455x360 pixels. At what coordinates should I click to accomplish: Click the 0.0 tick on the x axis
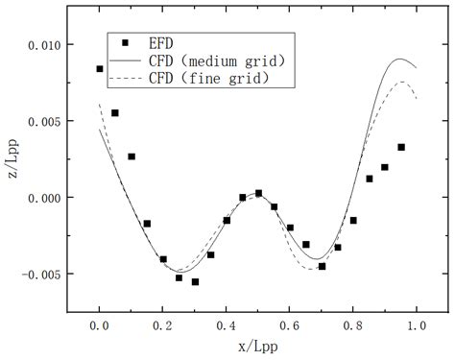pos(99,326)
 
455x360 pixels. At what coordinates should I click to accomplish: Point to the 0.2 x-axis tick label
pos(162,326)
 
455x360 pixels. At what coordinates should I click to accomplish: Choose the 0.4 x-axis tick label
pos(226,326)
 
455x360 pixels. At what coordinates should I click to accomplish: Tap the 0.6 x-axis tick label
pos(289,326)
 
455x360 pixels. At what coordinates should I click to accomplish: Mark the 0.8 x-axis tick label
pos(352,326)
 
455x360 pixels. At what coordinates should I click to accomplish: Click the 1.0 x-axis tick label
pos(416,326)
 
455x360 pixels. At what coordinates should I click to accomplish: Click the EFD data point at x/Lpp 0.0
pos(100,69)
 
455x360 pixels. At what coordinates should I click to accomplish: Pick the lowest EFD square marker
pos(195,282)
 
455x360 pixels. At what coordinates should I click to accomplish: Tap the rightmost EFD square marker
pos(401,147)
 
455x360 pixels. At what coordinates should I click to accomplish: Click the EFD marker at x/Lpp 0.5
pos(258,193)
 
